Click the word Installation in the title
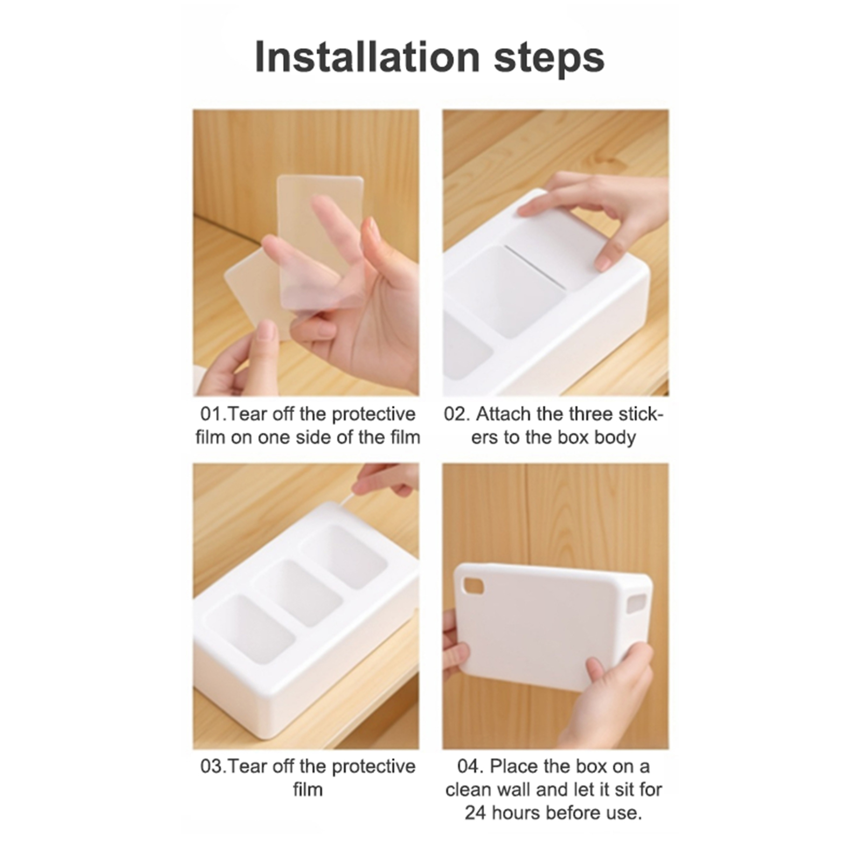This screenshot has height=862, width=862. (x=367, y=57)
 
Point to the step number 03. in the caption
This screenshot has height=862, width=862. (x=214, y=766)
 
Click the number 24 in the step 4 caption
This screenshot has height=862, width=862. (x=476, y=812)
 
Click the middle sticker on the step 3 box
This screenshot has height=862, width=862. (x=298, y=593)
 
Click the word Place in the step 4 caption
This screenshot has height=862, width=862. (x=513, y=766)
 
